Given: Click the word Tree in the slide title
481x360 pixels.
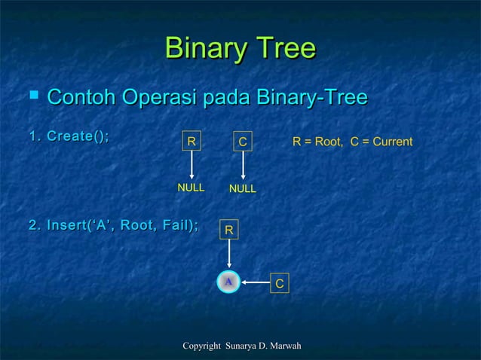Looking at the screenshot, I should coord(284,50).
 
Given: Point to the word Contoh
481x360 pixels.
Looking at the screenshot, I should coord(81,98).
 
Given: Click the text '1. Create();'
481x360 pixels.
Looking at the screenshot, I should coord(69,136).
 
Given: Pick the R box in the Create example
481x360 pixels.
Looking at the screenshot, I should coord(191,141).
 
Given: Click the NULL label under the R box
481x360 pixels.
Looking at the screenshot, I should coord(191,188).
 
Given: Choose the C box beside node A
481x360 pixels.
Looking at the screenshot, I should coord(279,284).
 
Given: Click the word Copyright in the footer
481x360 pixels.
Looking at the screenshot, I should coord(201,346).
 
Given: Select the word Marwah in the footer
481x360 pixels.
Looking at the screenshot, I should coord(285,346).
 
